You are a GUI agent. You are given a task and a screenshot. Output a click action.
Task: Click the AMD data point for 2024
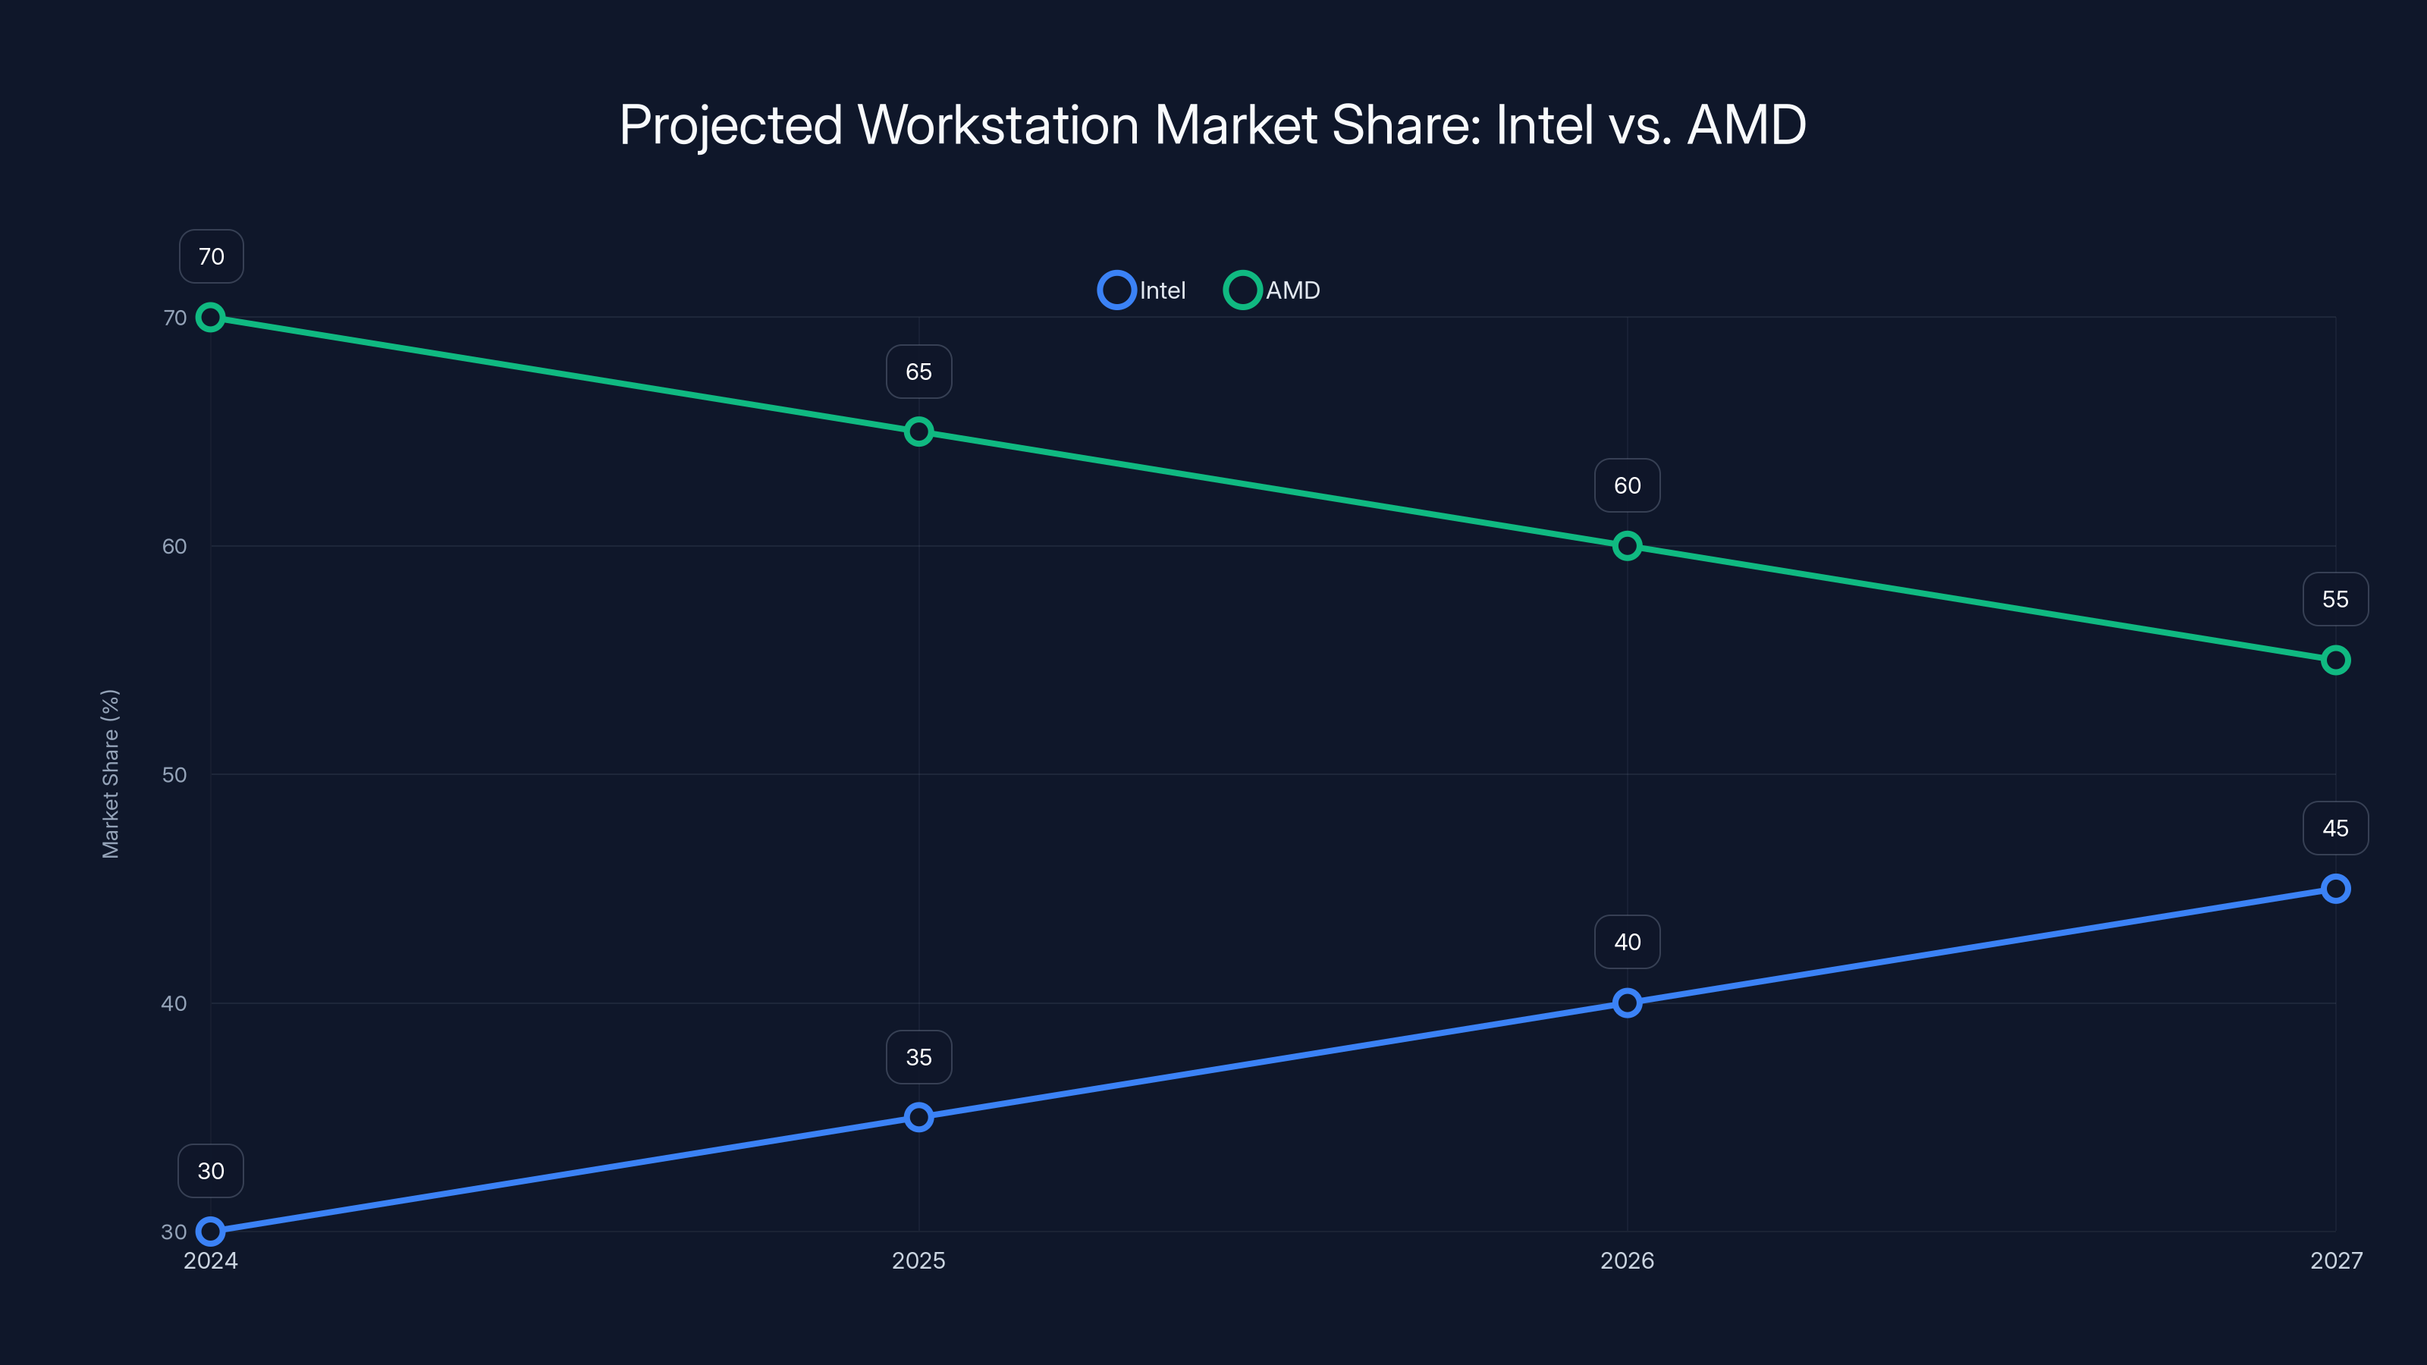pyautogui.click(x=210, y=318)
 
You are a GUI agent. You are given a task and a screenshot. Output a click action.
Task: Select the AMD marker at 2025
pyautogui.click(x=918, y=431)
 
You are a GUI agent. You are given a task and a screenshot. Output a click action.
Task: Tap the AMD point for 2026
pyautogui.click(x=1627, y=546)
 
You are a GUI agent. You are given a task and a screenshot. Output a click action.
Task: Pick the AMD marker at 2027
pyautogui.click(x=2336, y=661)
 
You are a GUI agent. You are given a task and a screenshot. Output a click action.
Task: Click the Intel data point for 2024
pyautogui.click(x=210, y=1232)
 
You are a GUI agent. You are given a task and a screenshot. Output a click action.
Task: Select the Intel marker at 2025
pyautogui.click(x=918, y=1117)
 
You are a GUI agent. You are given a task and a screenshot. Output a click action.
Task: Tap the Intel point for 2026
pyautogui.click(x=1627, y=1003)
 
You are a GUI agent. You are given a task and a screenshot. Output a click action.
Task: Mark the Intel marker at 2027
pyautogui.click(x=2336, y=888)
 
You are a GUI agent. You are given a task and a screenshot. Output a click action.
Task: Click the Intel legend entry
pyautogui.click(x=1143, y=290)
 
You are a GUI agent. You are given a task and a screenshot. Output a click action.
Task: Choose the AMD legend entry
pyautogui.click(x=1273, y=290)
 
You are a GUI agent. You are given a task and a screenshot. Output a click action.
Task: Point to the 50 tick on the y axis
pyautogui.click(x=174, y=775)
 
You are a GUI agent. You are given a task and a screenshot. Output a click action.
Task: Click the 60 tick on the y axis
pyautogui.click(x=174, y=546)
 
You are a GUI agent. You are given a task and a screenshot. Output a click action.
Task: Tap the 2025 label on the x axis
pyautogui.click(x=918, y=1260)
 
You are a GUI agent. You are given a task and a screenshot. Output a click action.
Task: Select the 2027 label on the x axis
pyautogui.click(x=2336, y=1260)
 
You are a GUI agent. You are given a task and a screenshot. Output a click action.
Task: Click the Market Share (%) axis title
pyautogui.click(x=110, y=774)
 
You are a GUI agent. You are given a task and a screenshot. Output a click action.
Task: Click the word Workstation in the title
pyautogui.click(x=999, y=125)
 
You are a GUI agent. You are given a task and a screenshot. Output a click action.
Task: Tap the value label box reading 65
pyautogui.click(x=918, y=372)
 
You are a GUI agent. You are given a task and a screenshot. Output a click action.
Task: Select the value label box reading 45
pyautogui.click(x=2336, y=828)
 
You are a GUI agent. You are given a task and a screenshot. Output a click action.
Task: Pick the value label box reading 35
pyautogui.click(x=918, y=1057)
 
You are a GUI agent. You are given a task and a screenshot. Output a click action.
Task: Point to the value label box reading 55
pyautogui.click(x=2336, y=599)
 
